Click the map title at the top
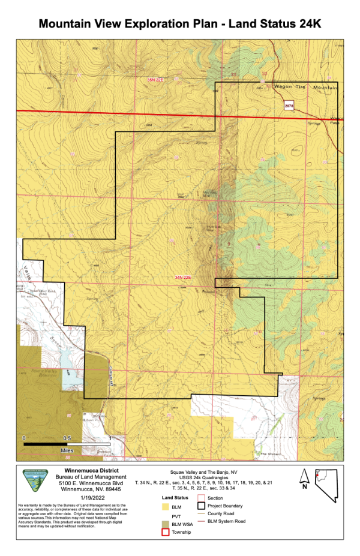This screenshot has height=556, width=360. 180,24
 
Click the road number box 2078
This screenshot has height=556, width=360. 289,106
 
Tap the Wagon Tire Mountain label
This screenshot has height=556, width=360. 306,88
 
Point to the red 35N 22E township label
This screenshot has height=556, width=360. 155,80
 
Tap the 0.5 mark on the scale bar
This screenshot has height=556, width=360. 67,438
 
